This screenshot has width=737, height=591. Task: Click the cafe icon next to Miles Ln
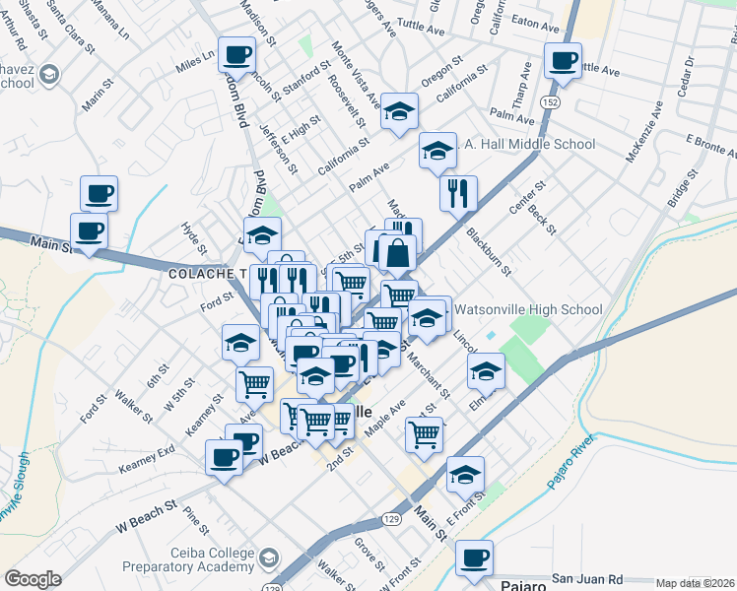click(x=235, y=54)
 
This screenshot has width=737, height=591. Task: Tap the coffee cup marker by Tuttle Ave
click(x=563, y=61)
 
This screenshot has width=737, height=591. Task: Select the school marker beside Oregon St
click(x=399, y=111)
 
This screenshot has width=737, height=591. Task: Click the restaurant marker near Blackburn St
click(x=458, y=193)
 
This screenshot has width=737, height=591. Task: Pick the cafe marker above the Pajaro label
click(x=475, y=558)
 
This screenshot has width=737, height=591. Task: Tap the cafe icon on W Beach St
click(x=225, y=457)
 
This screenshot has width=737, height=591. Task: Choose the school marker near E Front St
click(x=465, y=475)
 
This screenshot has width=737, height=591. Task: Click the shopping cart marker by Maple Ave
click(x=425, y=433)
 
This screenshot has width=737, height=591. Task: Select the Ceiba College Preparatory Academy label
click(x=187, y=559)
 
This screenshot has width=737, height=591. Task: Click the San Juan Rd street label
click(x=587, y=577)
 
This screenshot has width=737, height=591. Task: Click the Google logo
click(x=33, y=579)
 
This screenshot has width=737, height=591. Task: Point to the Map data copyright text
click(x=696, y=583)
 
